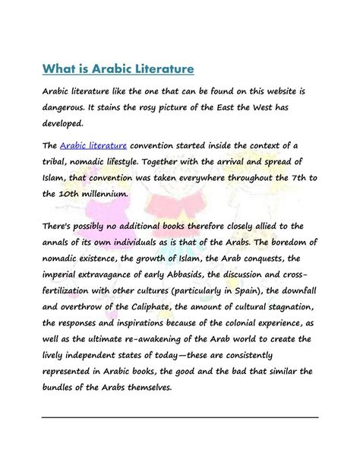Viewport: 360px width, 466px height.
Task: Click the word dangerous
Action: (x=67, y=108)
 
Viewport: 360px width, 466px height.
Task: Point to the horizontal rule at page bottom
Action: (x=180, y=417)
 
